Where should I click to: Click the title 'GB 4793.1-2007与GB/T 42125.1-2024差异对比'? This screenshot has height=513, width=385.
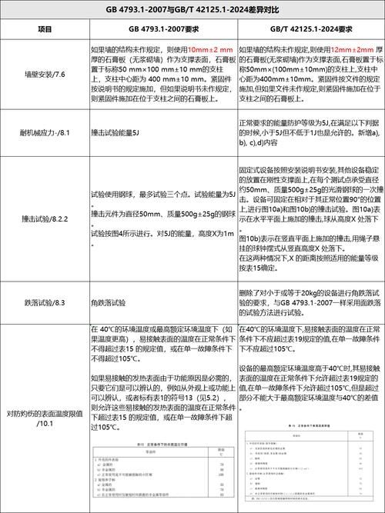coord(192,10)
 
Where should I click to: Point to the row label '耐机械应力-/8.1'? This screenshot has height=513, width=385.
coord(45,133)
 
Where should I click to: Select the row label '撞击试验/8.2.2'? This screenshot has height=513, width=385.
coord(45,218)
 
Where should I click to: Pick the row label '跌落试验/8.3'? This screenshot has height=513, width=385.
coord(45,304)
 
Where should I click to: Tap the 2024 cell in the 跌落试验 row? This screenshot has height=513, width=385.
coord(311,304)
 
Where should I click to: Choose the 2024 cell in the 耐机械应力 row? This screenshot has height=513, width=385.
coord(311,133)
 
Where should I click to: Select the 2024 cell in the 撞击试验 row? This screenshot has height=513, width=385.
coord(311,218)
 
